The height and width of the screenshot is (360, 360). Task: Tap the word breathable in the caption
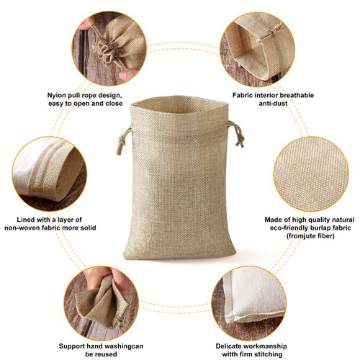tap(288, 94)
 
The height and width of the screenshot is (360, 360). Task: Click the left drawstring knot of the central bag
tap(120, 134)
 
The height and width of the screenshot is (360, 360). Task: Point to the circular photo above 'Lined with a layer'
tap(48, 173)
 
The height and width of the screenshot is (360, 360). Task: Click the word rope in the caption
tap(89, 94)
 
